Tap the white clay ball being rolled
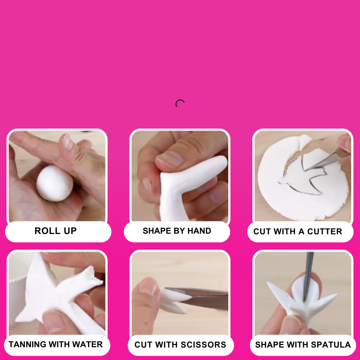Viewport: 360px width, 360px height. (55, 184)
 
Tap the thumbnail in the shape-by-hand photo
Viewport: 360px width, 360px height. (169, 160)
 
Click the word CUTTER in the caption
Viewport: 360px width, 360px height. (325, 231)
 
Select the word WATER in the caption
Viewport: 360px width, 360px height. (87, 344)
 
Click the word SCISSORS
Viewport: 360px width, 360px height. (204, 345)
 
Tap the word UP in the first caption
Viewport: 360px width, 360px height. (70, 231)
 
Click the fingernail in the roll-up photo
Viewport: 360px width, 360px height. (68, 142)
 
